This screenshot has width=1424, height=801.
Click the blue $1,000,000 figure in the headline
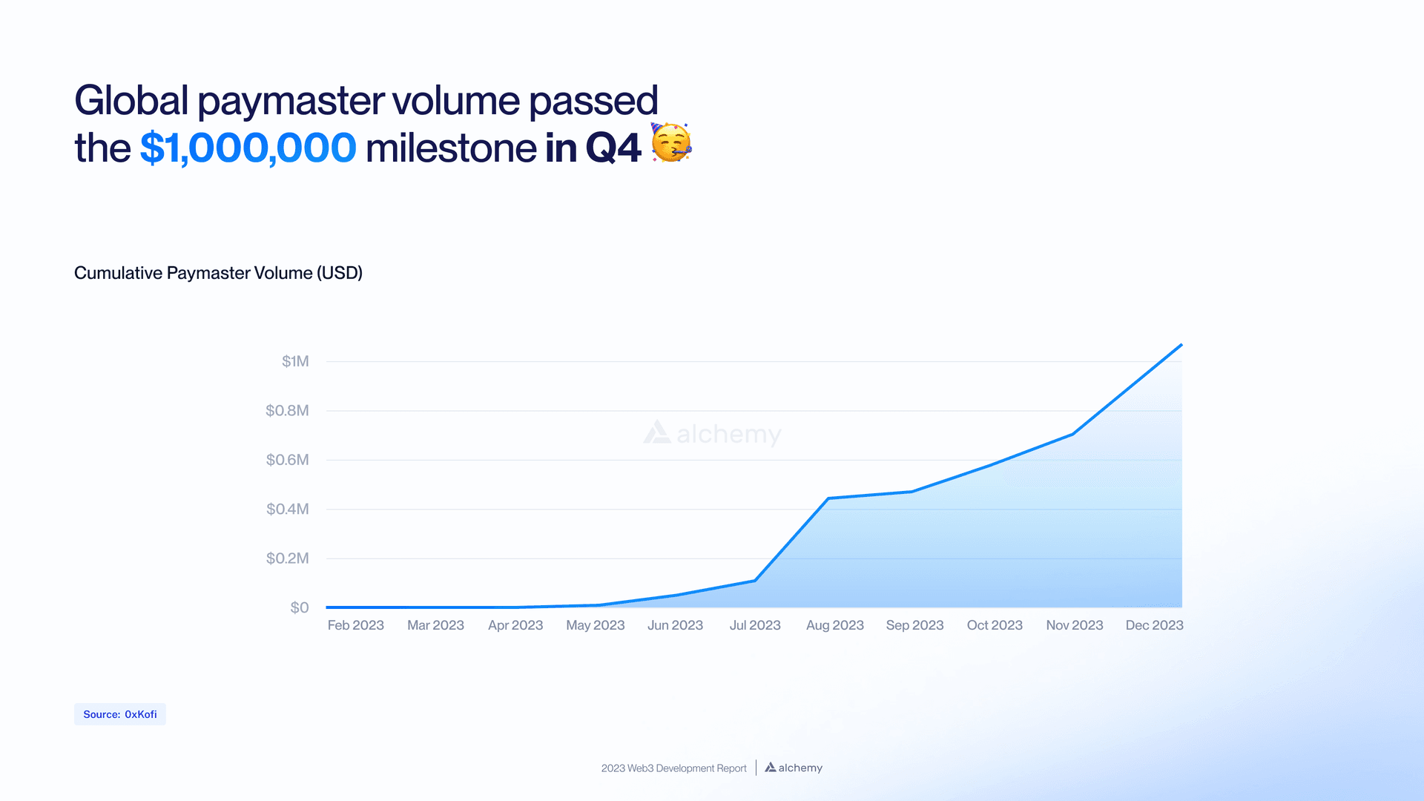(248, 148)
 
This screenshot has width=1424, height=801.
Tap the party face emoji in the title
(671, 142)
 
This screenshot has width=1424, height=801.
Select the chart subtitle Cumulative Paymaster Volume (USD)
(218, 273)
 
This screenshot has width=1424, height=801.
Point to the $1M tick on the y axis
(295, 361)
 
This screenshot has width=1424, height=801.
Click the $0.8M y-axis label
(287, 410)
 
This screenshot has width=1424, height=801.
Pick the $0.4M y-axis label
(287, 509)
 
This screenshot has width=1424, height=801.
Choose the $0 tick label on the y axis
(300, 607)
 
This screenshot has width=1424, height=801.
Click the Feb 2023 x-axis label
(355, 625)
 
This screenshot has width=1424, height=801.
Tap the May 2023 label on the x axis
(595, 625)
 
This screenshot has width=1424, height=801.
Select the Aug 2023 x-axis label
(834, 625)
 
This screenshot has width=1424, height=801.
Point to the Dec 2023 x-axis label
(1154, 625)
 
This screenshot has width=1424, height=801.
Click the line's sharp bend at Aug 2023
(828, 498)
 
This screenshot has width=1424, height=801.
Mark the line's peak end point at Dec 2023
(1181, 345)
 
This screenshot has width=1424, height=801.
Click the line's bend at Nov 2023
(1073, 434)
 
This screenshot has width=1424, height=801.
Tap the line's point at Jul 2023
(755, 580)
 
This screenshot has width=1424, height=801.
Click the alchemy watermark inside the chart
(712, 433)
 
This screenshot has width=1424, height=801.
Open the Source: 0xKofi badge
(120, 714)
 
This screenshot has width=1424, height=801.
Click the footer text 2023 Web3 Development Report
(673, 768)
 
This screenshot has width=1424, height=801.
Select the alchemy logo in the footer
(794, 768)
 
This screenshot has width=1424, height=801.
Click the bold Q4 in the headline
(613, 148)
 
